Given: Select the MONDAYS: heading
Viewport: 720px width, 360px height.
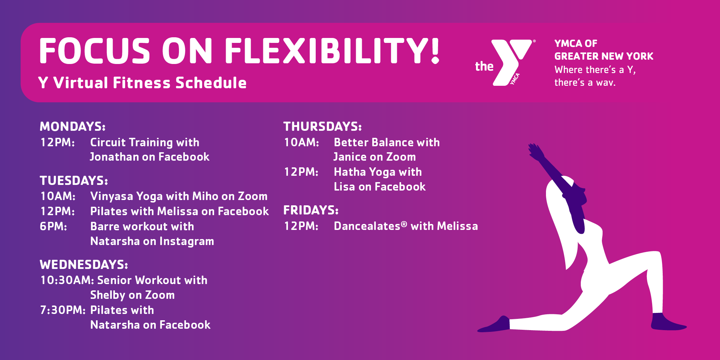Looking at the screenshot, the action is (73, 126).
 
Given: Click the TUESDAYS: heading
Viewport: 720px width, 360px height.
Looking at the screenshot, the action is (74, 180).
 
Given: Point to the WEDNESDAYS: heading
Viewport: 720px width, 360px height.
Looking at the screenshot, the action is (84, 264).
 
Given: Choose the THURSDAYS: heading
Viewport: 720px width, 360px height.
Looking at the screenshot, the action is (323, 126).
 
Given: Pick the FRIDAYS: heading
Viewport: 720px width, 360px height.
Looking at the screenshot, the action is (311, 210).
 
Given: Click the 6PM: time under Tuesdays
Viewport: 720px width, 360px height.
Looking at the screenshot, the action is (53, 226).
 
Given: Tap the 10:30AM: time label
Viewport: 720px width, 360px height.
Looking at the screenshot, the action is (67, 280).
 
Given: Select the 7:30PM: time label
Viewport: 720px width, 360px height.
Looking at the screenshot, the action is (63, 310).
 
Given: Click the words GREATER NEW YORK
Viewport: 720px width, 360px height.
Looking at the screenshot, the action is (604, 56).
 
